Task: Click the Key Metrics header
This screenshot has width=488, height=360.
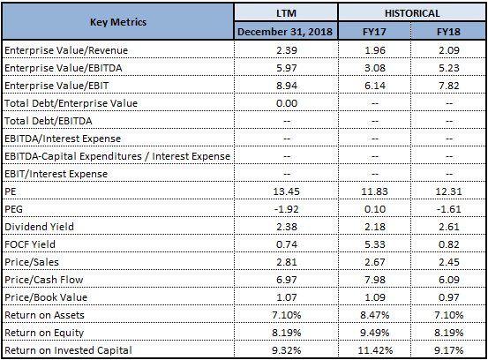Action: [118, 22]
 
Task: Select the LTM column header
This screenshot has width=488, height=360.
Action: [286, 13]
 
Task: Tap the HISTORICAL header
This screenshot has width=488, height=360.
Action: [412, 13]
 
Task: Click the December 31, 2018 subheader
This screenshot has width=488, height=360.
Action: [285, 32]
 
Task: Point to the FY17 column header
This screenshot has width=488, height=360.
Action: [374, 32]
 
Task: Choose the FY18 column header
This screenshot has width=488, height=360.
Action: [448, 32]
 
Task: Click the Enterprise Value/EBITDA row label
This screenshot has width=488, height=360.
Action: [64, 68]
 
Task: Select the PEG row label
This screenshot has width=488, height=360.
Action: [14, 209]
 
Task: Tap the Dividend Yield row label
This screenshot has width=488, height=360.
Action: [39, 227]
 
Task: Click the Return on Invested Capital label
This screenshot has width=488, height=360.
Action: [68, 350]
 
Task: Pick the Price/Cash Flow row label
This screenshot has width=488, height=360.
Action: [44, 280]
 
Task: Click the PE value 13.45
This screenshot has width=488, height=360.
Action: [286, 191]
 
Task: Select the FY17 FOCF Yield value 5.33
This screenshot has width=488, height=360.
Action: [375, 244]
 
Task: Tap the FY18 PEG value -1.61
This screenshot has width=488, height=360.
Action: [449, 209]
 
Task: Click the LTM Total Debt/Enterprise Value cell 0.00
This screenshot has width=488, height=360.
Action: [287, 103]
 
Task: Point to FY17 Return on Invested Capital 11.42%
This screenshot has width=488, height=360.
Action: [375, 350]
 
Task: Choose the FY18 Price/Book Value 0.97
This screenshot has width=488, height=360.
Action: [449, 297]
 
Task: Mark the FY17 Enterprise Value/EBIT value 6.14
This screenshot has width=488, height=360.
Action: [375, 86]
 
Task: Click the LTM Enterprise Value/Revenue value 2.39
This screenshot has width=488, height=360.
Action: [287, 50]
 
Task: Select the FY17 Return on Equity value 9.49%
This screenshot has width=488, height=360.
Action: [375, 333]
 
